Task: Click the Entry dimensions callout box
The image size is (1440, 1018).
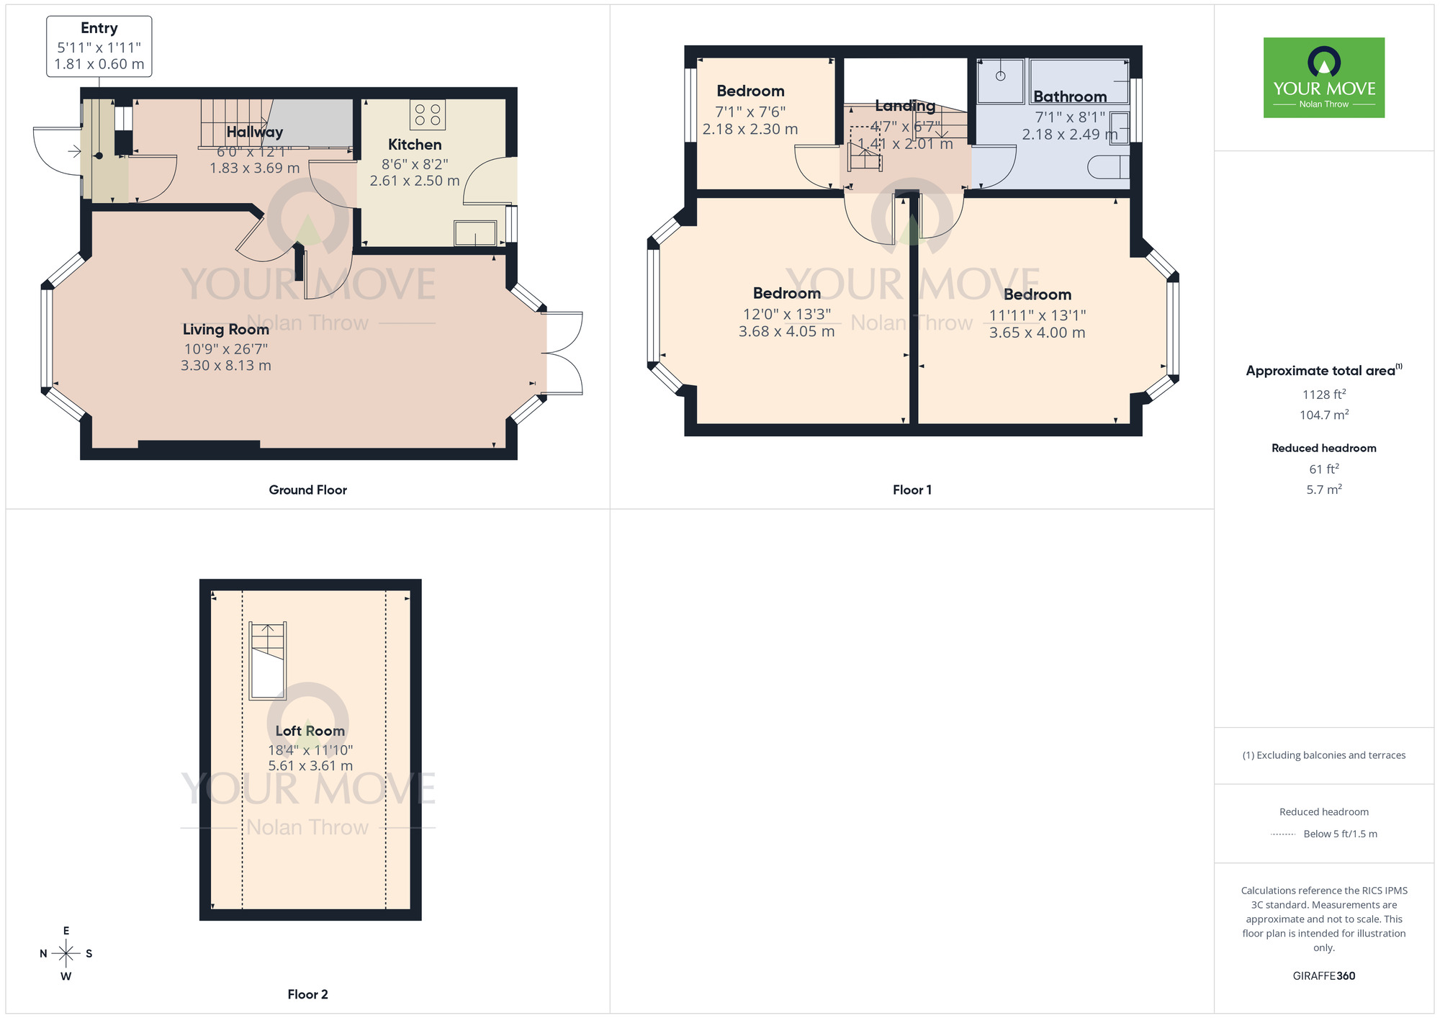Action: click(x=99, y=47)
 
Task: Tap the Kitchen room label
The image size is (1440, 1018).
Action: click(x=414, y=145)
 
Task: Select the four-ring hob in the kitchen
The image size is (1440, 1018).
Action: click(x=428, y=115)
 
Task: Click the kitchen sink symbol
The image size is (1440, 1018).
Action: click(x=475, y=233)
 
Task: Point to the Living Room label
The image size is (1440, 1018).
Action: click(x=225, y=330)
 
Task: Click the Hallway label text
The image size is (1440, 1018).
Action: click(x=254, y=132)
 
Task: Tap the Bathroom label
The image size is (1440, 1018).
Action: click(x=1070, y=97)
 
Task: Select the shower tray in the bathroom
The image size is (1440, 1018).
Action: click(x=1001, y=81)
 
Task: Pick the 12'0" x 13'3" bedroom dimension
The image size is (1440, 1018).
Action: click(x=786, y=315)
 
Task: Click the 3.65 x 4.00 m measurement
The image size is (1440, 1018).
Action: click(x=1037, y=333)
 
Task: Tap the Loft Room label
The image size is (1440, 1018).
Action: click(x=310, y=731)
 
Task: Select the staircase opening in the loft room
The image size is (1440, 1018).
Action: click(x=268, y=661)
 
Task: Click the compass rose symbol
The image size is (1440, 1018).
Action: click(x=66, y=954)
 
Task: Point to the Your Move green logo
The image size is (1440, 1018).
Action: click(x=1323, y=78)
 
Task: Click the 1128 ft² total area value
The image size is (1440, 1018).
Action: click(x=1323, y=395)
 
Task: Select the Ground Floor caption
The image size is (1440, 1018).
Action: click(x=307, y=490)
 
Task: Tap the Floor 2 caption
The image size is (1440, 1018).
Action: click(x=307, y=995)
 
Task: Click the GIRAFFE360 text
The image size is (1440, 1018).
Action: click(x=1323, y=976)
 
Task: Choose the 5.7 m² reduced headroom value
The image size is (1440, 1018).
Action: click(x=1323, y=490)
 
